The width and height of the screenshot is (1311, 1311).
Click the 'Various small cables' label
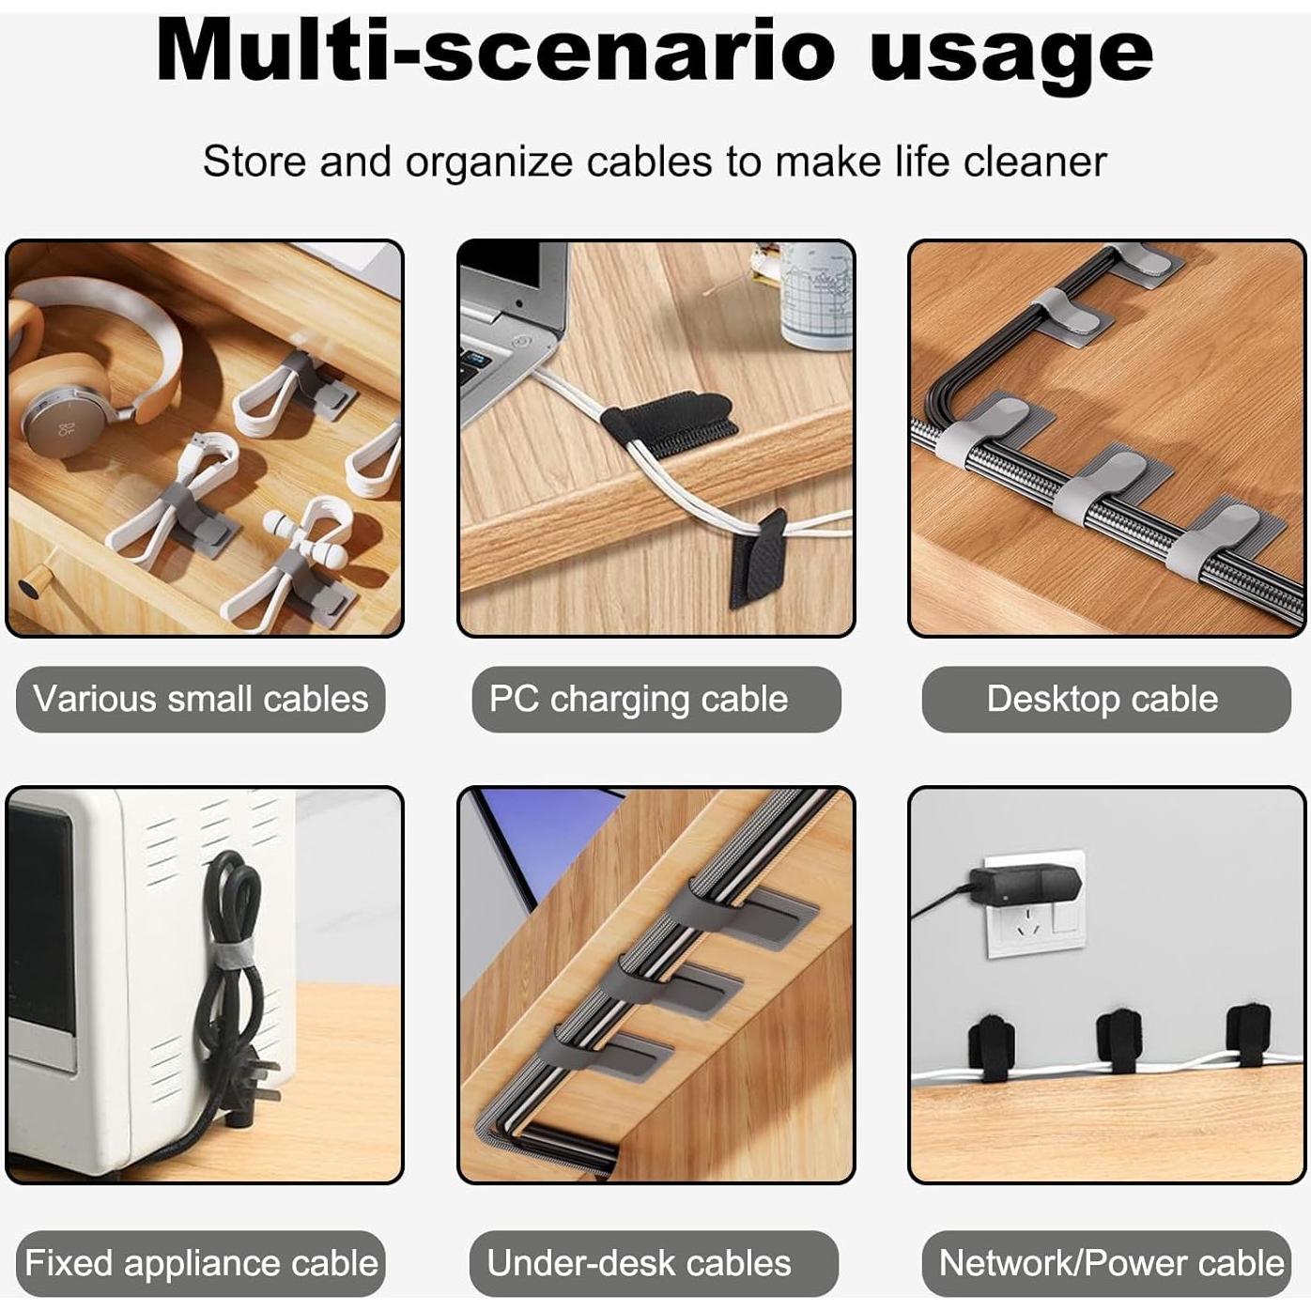coord(200,700)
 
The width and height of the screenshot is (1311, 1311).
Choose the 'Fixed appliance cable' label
coord(200,1263)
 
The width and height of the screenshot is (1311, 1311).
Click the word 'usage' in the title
coord(1010,54)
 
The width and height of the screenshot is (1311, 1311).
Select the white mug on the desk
coord(816,296)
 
